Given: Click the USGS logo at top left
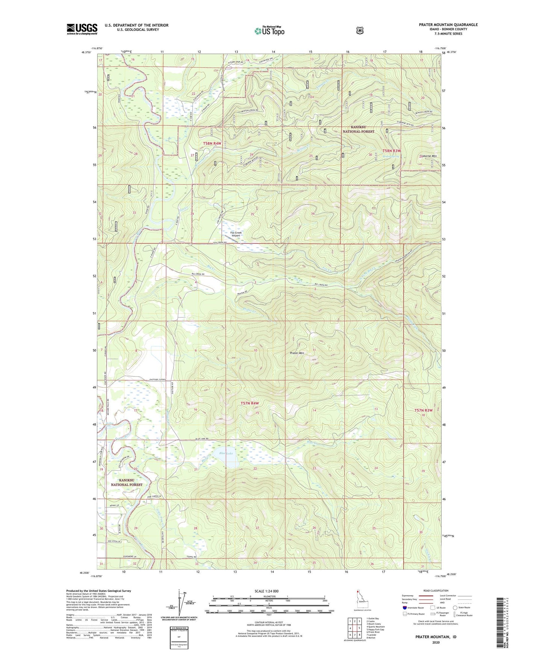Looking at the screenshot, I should [82, 29].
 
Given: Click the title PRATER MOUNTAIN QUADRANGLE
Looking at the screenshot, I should [448, 25].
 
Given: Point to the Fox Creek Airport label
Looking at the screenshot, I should [236, 234].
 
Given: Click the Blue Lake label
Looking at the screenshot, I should [226, 453].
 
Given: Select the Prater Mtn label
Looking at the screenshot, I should [297, 353].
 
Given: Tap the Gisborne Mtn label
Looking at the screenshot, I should [428, 156].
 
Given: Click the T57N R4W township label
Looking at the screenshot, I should [250, 403].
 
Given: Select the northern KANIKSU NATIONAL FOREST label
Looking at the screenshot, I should [358, 129].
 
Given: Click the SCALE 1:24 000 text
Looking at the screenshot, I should [267, 591].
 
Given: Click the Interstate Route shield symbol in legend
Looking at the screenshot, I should [404, 607].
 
